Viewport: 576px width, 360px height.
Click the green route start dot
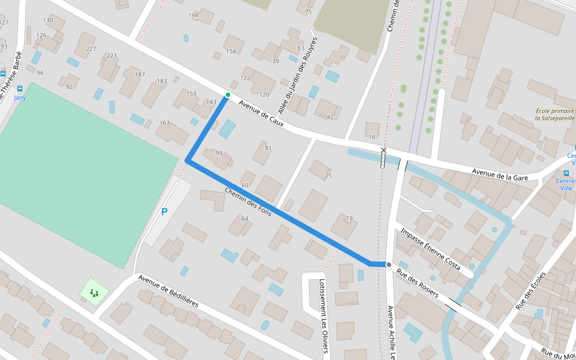click(227, 95)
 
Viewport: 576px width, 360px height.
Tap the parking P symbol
click(164, 212)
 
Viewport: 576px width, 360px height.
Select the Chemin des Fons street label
click(248, 202)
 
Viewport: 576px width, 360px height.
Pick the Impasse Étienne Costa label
click(430, 249)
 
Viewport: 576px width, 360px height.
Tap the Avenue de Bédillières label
click(168, 291)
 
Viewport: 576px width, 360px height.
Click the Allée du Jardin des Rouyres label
click(298, 76)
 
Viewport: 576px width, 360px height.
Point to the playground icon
click(94, 293)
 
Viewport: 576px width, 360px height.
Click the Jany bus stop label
click(20, 97)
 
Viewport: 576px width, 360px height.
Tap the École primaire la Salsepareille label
click(555, 115)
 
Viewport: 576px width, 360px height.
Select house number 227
click(91, 49)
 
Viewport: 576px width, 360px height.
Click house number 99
click(219, 153)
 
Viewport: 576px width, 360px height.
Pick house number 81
click(268, 148)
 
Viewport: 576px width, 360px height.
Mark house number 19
click(349, 218)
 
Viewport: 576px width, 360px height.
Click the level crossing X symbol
click(383, 151)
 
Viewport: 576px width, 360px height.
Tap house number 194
click(193, 15)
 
